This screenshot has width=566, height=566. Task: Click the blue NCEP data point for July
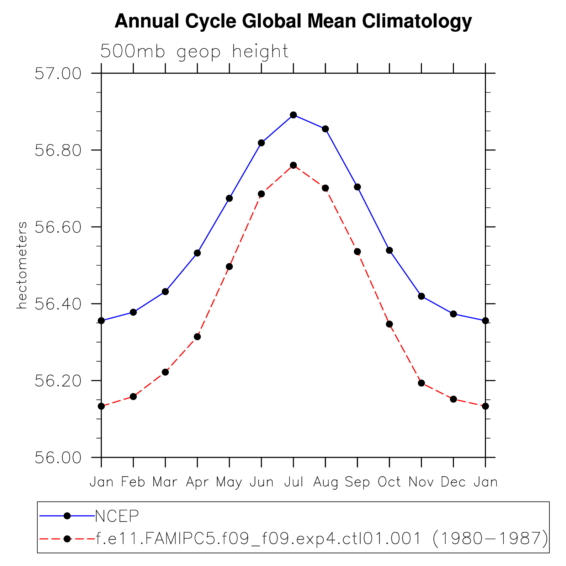[293, 115]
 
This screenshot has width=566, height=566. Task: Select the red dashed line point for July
[293, 165]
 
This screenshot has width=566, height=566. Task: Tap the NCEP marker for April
[197, 253]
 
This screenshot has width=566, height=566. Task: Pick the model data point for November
[421, 383]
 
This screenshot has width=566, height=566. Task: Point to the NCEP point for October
[389, 250]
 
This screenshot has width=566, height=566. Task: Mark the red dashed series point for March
[165, 372]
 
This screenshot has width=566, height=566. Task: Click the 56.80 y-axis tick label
[58, 150]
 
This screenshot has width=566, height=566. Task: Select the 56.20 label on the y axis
[58, 381]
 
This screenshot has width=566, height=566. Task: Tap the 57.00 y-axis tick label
[58, 73]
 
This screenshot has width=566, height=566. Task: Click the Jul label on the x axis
[293, 482]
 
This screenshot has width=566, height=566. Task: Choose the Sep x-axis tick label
[357, 482]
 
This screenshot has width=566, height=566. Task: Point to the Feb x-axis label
[133, 482]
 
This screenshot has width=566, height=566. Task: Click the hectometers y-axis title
[22, 265]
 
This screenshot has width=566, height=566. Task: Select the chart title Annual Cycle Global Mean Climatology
[293, 21]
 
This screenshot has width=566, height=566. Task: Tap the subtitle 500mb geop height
[194, 52]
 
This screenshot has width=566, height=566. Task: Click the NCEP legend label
[117, 516]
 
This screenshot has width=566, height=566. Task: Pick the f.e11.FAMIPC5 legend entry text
[322, 539]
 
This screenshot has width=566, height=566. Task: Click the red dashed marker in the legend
[67, 539]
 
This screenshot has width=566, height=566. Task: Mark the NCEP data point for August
[325, 129]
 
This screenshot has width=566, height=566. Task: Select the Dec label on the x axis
[453, 482]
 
